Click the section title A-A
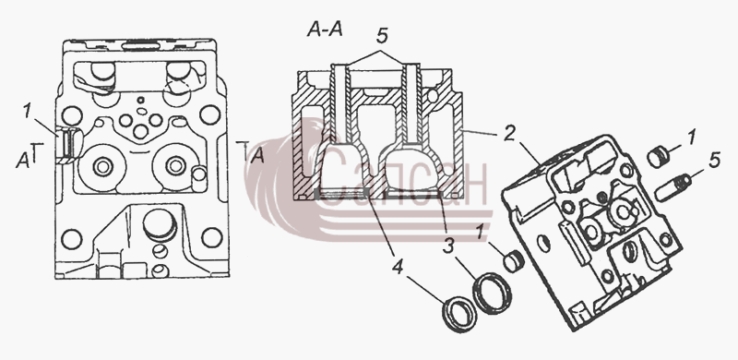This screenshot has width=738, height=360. tap(325, 30)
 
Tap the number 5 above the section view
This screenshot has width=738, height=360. tap(382, 36)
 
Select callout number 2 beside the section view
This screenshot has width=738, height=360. tap(509, 134)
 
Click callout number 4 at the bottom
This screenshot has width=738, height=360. tap(398, 267)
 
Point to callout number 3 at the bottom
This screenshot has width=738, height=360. tap(447, 246)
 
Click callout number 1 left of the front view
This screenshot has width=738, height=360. tap(28, 111)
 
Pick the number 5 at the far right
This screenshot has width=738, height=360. tap(714, 161)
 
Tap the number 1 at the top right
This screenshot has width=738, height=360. tap(690, 138)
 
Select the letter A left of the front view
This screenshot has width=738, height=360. tap(22, 161)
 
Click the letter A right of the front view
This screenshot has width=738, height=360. tap(257, 155)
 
